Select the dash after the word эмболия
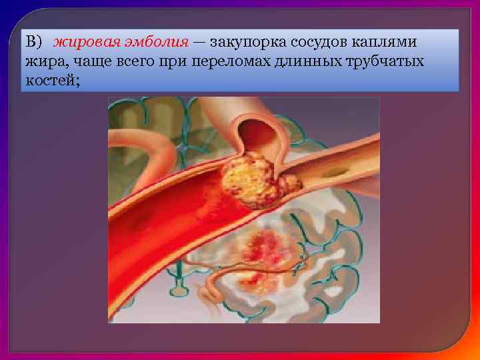click(x=199, y=43)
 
